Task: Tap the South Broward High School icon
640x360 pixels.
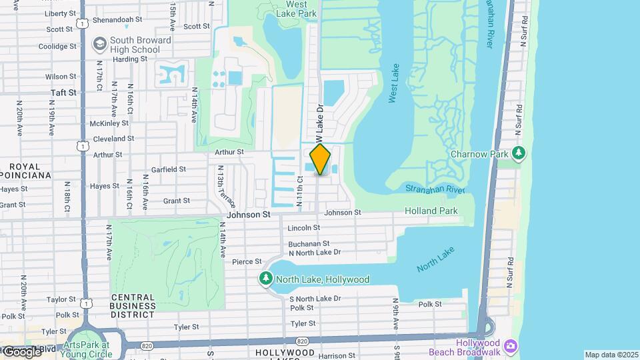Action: (100, 45)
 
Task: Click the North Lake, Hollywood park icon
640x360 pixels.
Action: (267, 279)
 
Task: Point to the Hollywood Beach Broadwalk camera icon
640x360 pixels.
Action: (511, 346)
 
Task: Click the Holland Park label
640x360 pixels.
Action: (431, 211)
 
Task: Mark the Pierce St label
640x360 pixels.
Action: (247, 262)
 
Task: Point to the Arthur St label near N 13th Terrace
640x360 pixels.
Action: (229, 152)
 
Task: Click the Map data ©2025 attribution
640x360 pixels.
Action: (611, 355)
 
